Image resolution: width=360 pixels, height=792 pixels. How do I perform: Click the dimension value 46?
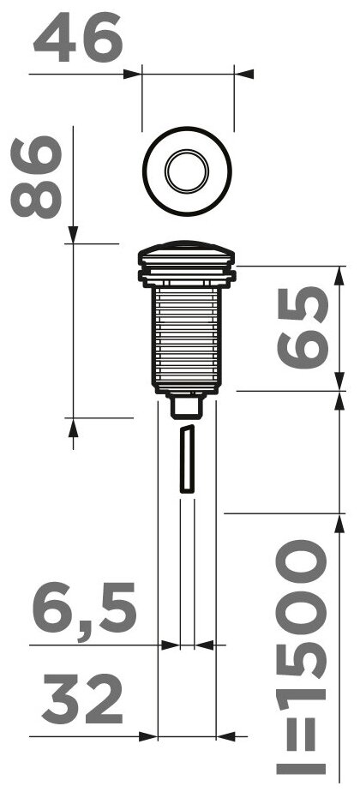click(x=78, y=38)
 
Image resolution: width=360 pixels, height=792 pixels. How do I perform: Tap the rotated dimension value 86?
click(x=36, y=177)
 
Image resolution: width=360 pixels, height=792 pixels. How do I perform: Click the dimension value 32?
click(x=82, y=699)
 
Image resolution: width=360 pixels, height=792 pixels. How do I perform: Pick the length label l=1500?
click(x=302, y=657)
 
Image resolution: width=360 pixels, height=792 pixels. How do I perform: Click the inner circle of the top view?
click(x=187, y=171)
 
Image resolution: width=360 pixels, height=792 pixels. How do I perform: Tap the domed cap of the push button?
click(x=187, y=253)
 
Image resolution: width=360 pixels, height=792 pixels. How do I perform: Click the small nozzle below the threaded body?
click(x=187, y=407)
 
